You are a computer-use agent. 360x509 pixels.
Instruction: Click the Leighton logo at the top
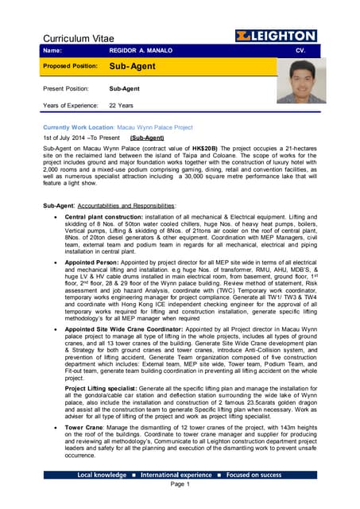tap(276, 37)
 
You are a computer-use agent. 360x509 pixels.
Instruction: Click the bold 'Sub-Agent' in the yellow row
tap(134, 68)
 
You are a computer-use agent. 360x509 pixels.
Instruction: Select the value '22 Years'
tap(122, 105)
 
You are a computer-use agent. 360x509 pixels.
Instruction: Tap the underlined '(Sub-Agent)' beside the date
tap(147, 138)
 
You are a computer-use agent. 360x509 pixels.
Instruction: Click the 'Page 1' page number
tap(180, 484)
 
